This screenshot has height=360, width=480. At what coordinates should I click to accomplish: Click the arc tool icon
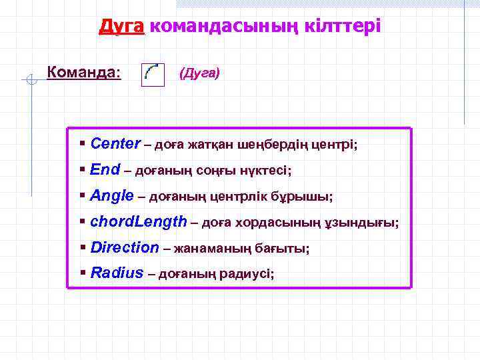click(153, 74)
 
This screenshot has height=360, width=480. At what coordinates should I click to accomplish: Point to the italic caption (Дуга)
click(199, 73)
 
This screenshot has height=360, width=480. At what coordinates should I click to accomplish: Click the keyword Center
click(115, 144)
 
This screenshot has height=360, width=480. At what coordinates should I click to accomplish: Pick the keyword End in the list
click(104, 170)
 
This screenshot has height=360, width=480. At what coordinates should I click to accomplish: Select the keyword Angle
click(111, 196)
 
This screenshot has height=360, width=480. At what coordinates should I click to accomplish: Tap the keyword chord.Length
click(138, 222)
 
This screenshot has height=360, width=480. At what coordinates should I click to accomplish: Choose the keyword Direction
click(124, 248)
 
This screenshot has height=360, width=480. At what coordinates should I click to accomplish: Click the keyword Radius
click(117, 273)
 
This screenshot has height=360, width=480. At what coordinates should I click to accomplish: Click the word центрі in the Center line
click(335, 145)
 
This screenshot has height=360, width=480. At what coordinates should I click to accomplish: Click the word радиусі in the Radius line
click(248, 274)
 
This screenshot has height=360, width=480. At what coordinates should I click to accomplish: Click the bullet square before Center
click(82, 143)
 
